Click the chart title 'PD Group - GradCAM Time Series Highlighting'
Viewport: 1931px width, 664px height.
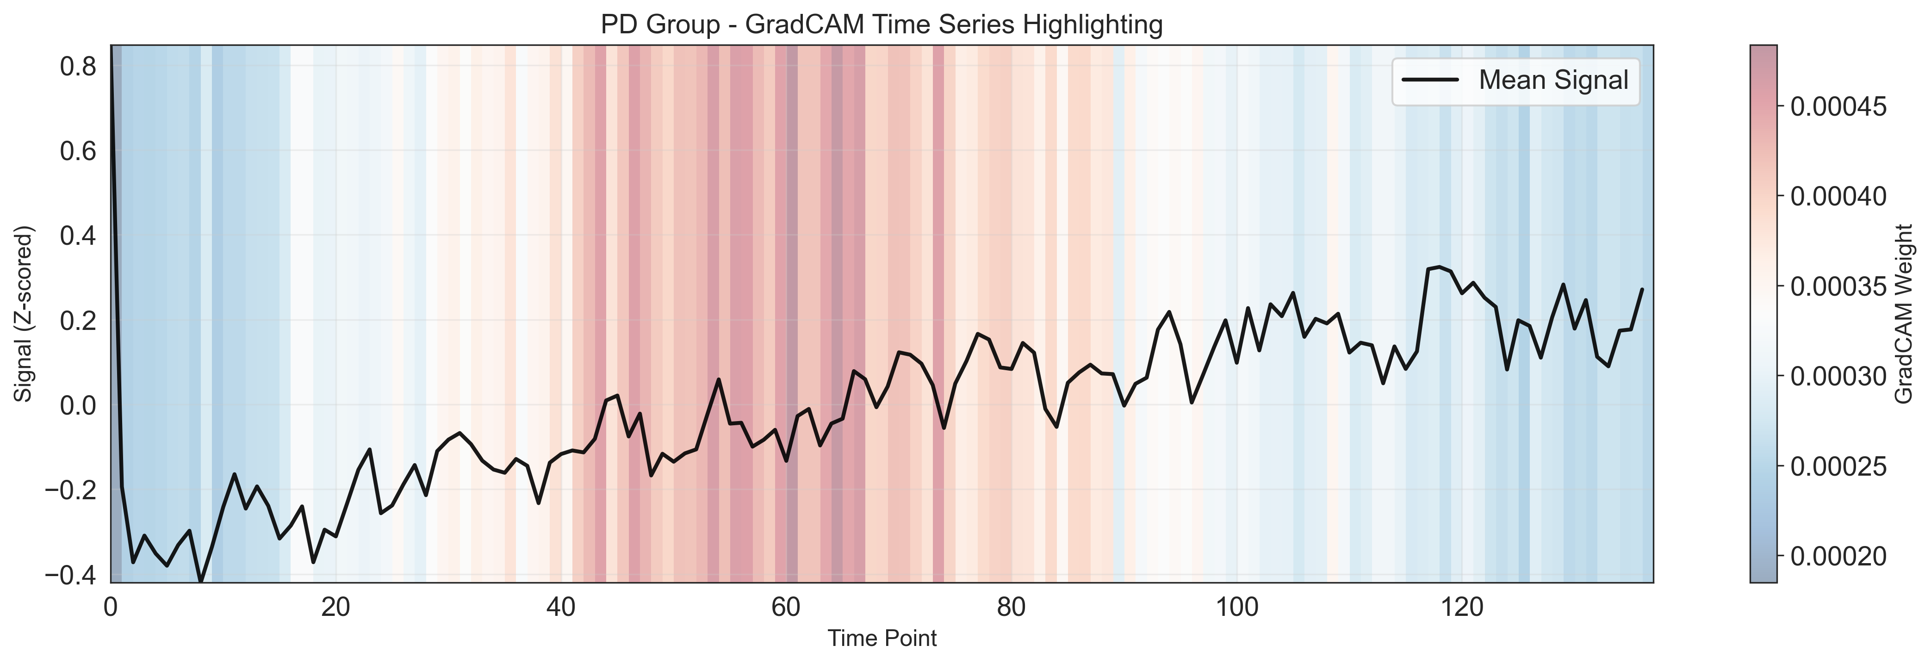(882, 25)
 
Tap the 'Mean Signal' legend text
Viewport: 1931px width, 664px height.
(1553, 80)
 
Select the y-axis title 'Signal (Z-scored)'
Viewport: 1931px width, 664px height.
(25, 313)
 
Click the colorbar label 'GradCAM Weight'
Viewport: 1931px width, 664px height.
(1904, 313)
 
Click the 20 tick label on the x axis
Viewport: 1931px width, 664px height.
(336, 607)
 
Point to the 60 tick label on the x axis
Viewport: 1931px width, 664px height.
(786, 607)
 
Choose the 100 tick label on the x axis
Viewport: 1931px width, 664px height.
(1237, 607)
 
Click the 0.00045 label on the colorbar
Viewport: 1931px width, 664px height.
(1838, 106)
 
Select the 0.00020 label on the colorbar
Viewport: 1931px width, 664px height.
(1838, 556)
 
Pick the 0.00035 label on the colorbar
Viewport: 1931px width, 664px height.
(1838, 286)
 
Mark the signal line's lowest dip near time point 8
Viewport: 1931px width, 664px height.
(200, 581)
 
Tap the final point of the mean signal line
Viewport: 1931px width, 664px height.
(1642, 289)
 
